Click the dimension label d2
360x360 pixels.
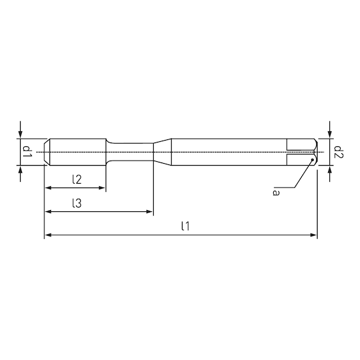337,151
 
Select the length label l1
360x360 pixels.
184,226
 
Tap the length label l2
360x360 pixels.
76,179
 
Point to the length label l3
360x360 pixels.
76,202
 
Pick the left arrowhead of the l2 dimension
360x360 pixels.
48,189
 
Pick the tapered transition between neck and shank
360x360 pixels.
162,151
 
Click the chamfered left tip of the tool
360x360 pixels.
47,151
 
